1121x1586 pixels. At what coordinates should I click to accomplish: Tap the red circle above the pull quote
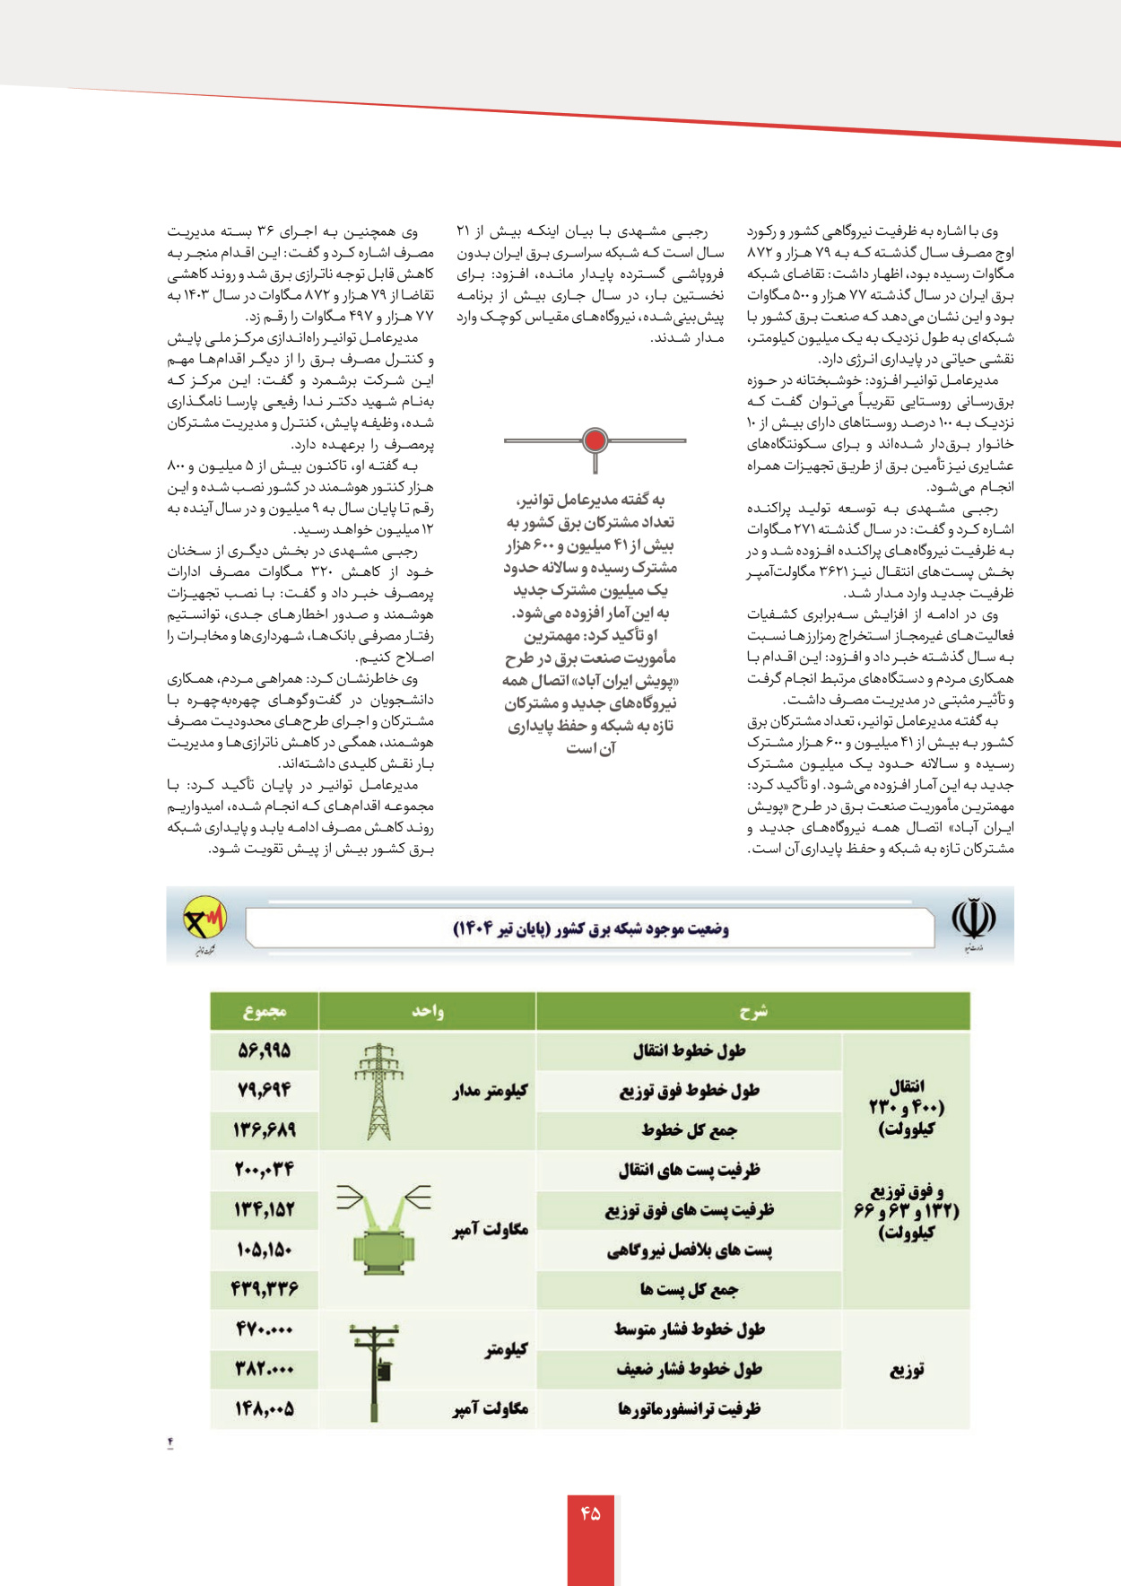click(595, 440)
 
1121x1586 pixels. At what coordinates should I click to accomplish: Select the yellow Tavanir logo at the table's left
click(204, 920)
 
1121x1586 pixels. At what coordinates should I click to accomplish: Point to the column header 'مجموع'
click(265, 1011)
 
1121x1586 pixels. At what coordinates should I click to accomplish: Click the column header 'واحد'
click(428, 1011)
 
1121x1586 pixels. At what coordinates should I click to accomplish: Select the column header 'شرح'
click(752, 1011)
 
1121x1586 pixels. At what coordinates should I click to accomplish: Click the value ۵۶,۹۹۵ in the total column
click(265, 1050)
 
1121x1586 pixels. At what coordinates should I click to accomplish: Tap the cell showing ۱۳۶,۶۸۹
click(265, 1130)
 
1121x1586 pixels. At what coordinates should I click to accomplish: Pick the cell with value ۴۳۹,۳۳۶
click(265, 1290)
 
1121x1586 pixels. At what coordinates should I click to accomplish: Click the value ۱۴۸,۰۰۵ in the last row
click(265, 1409)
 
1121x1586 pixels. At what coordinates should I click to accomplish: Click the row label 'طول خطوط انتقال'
click(689, 1050)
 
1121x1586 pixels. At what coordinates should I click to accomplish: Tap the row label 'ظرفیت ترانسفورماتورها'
click(689, 1409)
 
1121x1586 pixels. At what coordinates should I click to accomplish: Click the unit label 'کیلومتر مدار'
click(490, 1091)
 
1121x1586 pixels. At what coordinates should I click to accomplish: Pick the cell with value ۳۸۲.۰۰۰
click(265, 1370)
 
